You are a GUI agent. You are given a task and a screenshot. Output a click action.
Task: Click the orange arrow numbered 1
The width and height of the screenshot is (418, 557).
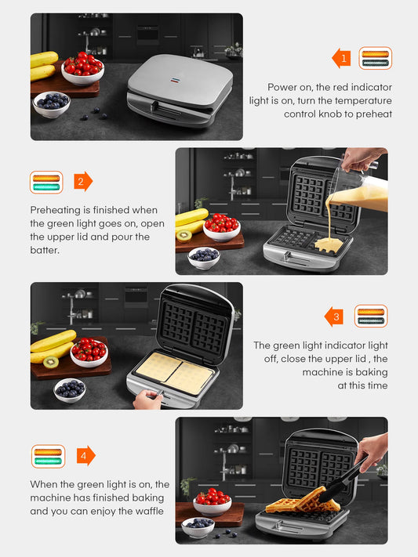click(340, 58)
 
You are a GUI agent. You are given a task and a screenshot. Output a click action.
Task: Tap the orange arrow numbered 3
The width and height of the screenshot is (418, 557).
click(333, 316)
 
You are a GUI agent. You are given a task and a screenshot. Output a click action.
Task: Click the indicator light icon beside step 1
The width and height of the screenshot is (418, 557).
click(375, 58)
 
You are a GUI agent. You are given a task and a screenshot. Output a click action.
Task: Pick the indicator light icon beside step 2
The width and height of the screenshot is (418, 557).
click(46, 183)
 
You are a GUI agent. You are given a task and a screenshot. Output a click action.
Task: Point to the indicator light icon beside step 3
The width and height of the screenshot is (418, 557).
click(370, 316)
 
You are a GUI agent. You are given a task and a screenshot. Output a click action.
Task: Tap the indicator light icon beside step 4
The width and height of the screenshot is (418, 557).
click(48, 455)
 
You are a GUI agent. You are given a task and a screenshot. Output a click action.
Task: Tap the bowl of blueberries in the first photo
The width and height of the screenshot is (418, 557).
click(52, 103)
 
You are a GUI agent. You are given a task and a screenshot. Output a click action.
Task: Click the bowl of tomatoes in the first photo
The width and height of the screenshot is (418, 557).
click(83, 69)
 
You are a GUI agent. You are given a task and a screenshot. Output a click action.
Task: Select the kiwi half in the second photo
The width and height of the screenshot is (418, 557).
click(184, 234)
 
